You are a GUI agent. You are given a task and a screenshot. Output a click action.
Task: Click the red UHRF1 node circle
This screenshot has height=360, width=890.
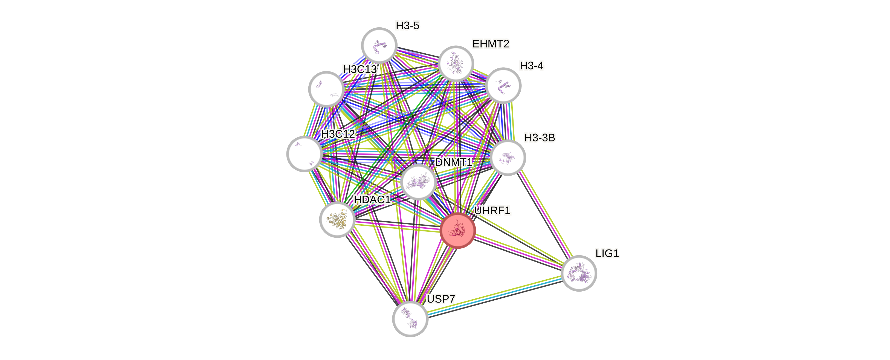click(458, 230)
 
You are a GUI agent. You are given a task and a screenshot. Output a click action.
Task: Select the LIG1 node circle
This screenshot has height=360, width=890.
click(579, 273)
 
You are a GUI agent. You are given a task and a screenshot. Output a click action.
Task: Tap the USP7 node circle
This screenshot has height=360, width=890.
click(410, 318)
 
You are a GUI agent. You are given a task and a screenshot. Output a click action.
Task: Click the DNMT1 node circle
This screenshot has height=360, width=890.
click(418, 182)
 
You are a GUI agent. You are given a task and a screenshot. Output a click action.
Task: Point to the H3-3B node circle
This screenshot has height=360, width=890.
click(508, 158)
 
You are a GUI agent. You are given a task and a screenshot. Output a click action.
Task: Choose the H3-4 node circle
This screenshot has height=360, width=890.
click(503, 85)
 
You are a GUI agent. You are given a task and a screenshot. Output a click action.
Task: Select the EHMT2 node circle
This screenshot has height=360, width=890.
click(456, 63)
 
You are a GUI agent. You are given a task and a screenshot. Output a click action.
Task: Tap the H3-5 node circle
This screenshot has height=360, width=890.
click(379, 45)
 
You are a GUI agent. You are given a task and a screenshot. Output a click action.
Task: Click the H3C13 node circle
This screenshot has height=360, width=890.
click(326, 89)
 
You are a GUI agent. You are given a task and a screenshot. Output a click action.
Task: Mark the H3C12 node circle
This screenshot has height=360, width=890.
click(305, 154)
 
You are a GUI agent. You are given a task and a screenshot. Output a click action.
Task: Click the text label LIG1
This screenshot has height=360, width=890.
click(607, 254)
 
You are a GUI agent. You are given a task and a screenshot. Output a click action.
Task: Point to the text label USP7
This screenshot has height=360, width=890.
click(441, 299)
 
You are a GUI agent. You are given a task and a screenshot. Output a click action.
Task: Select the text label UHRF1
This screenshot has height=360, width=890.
click(492, 211)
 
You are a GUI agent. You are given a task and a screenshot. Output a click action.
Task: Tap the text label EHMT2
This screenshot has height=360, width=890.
click(491, 44)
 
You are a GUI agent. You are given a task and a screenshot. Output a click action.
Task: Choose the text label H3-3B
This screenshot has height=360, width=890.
click(539, 138)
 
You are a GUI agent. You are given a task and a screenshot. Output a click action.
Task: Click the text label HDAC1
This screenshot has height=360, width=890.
click(372, 199)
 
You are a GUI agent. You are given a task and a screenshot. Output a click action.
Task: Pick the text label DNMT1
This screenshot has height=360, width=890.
click(453, 162)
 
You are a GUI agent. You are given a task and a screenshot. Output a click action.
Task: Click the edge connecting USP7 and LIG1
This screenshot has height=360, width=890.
click(494, 296)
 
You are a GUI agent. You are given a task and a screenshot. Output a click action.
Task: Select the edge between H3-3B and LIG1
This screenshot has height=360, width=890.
click(543, 215)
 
